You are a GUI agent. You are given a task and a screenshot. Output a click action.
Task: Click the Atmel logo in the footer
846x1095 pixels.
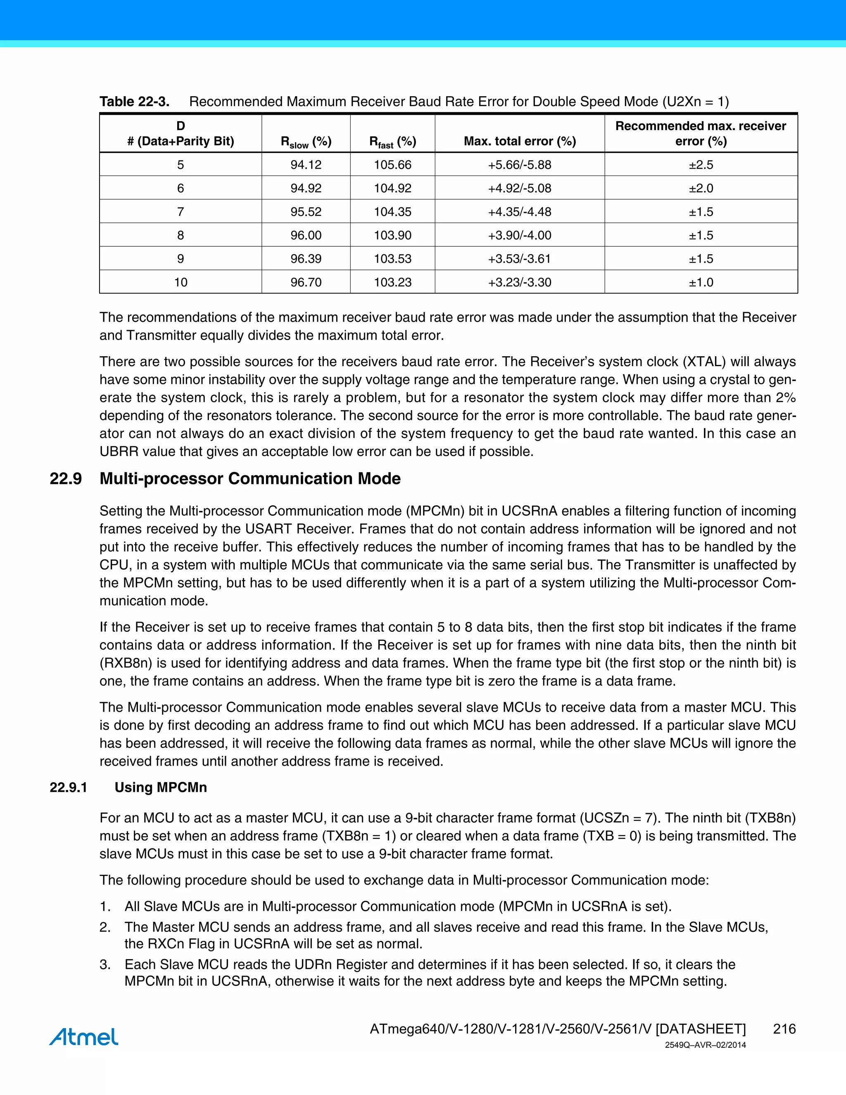pyautogui.click(x=84, y=1037)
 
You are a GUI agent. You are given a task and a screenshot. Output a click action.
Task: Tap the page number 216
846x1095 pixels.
pyautogui.click(x=784, y=1029)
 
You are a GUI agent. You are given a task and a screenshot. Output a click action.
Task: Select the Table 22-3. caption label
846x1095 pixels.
pyautogui.click(x=134, y=102)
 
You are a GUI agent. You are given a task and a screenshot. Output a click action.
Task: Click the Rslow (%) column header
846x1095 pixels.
pyautogui.click(x=306, y=142)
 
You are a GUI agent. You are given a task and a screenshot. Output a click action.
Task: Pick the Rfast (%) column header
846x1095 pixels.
pyautogui.click(x=392, y=142)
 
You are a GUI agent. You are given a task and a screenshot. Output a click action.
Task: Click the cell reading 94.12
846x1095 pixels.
pyautogui.click(x=306, y=164)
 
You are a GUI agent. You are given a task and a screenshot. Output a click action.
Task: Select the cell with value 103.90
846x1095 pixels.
pyautogui.click(x=392, y=235)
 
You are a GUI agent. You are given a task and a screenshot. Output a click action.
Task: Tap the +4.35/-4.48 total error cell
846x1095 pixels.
pyautogui.click(x=519, y=212)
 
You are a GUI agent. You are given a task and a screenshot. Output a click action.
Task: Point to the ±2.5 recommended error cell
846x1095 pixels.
pyautogui.click(x=701, y=164)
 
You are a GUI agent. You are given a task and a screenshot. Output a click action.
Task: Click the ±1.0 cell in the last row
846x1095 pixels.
pyautogui.click(x=701, y=282)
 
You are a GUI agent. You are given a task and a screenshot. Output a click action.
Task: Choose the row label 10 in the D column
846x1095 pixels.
pyautogui.click(x=181, y=282)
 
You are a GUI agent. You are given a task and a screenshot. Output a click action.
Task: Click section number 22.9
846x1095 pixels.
pyautogui.click(x=66, y=479)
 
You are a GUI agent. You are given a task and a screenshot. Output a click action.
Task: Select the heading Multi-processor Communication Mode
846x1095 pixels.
pyautogui.click(x=250, y=479)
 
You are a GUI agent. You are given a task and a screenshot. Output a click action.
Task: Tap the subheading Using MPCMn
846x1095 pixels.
pyautogui.click(x=160, y=787)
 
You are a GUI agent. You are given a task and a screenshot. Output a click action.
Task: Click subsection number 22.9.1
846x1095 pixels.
pyautogui.click(x=68, y=787)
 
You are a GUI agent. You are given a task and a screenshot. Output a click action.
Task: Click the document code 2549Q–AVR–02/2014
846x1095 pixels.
pyautogui.click(x=705, y=1045)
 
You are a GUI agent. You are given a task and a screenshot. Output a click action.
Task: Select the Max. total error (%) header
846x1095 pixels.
pyautogui.click(x=519, y=141)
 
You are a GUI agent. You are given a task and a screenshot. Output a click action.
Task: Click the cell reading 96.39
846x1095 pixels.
pyautogui.click(x=306, y=259)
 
